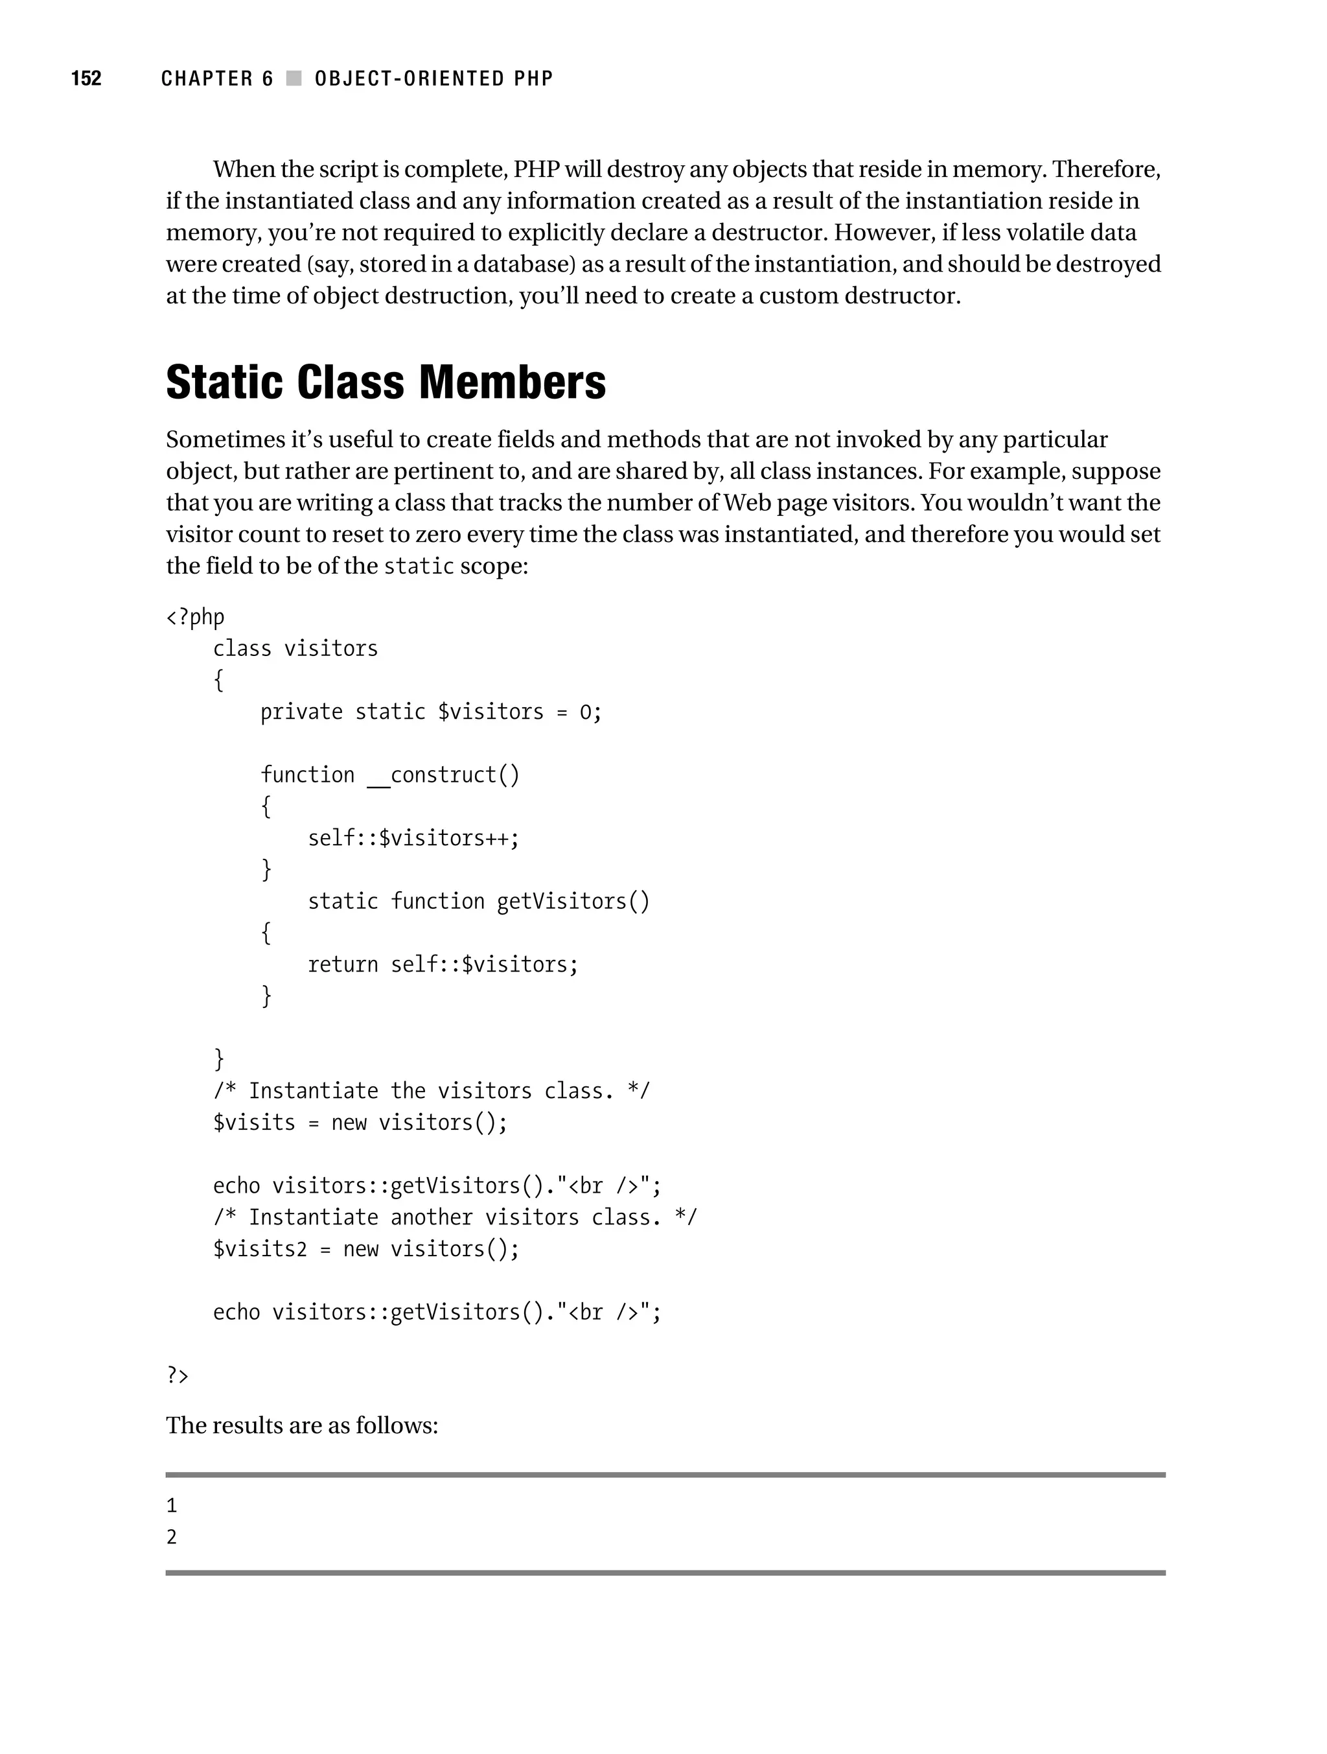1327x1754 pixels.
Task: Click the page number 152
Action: [x=86, y=78]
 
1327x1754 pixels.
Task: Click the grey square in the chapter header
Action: [x=294, y=78]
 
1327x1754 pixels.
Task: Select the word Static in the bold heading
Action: [x=224, y=382]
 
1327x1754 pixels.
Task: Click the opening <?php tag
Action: [x=195, y=617]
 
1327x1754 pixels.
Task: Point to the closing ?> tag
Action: [x=178, y=1375]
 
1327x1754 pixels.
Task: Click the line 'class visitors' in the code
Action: [x=295, y=649]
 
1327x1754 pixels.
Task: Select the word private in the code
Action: [x=301, y=712]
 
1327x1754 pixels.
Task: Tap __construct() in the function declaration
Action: [x=443, y=775]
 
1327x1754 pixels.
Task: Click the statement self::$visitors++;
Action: [x=413, y=838]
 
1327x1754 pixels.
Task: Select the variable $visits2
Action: [x=259, y=1249]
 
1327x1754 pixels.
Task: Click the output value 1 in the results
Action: [x=172, y=1506]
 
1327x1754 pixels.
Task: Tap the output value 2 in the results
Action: [x=172, y=1538]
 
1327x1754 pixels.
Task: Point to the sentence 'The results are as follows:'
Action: [x=302, y=1426]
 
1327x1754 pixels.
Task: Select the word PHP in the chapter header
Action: [x=533, y=78]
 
